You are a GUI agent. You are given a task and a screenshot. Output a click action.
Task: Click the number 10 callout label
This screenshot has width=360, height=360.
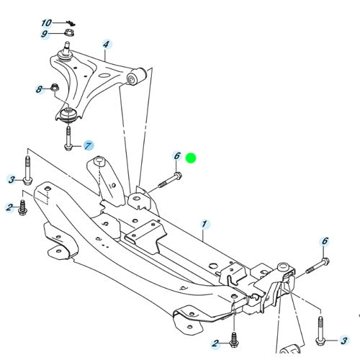(x=47, y=23)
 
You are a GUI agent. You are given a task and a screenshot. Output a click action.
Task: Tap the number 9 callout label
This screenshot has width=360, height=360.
(x=45, y=34)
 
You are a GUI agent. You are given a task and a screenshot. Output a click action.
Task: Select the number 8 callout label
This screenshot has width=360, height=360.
(x=40, y=89)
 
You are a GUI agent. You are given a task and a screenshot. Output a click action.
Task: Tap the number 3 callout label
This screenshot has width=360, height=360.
(x=12, y=179)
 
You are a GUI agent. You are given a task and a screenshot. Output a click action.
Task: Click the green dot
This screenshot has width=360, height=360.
(x=191, y=157)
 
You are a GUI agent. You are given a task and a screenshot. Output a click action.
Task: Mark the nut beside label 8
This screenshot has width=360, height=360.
(x=55, y=89)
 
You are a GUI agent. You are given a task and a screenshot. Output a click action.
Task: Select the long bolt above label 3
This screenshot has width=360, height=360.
(x=27, y=170)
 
